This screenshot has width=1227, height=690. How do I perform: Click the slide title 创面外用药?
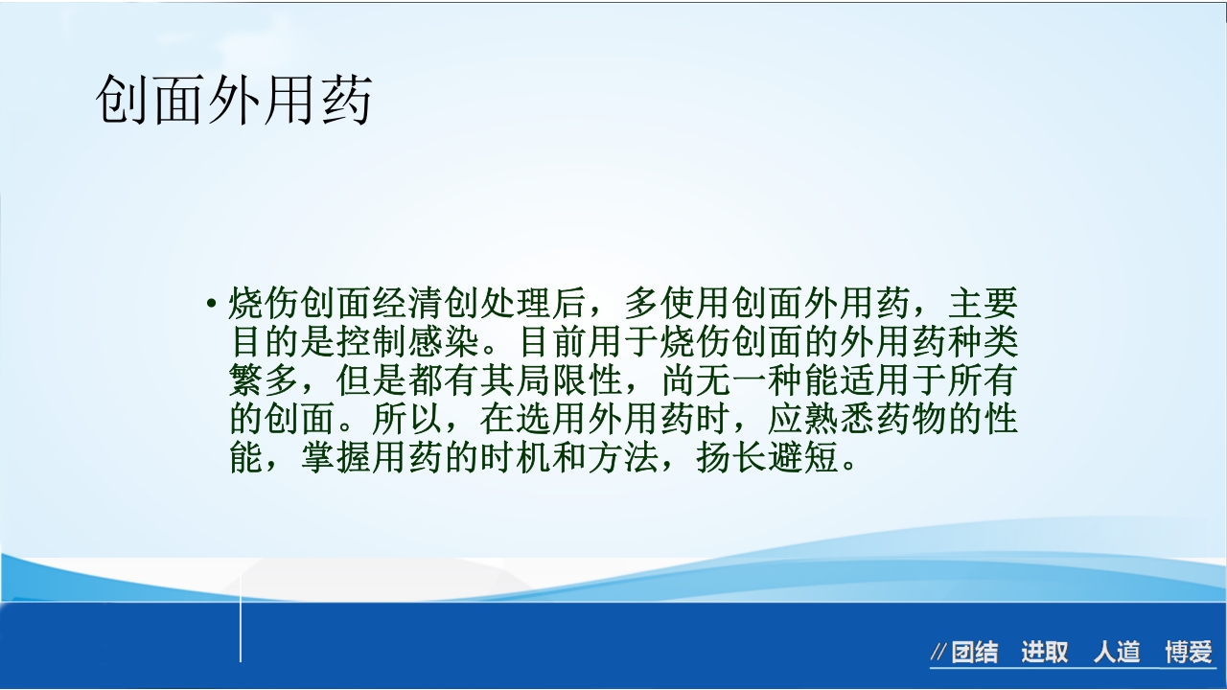(x=233, y=100)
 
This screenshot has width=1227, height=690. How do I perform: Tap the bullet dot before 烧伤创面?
(x=211, y=305)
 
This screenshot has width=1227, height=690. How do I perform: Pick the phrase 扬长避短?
(x=767, y=458)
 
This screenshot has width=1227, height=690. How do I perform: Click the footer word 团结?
(x=975, y=654)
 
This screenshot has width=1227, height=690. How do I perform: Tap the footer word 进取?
(x=1044, y=654)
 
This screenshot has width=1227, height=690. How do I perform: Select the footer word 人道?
(x=1117, y=654)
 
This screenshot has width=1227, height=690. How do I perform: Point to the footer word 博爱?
(x=1189, y=654)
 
